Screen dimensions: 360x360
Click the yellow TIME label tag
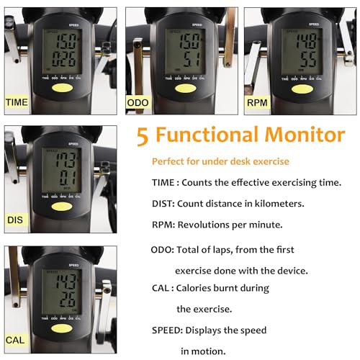17,102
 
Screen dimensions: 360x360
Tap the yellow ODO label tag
138,103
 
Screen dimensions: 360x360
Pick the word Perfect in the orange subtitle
167,162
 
